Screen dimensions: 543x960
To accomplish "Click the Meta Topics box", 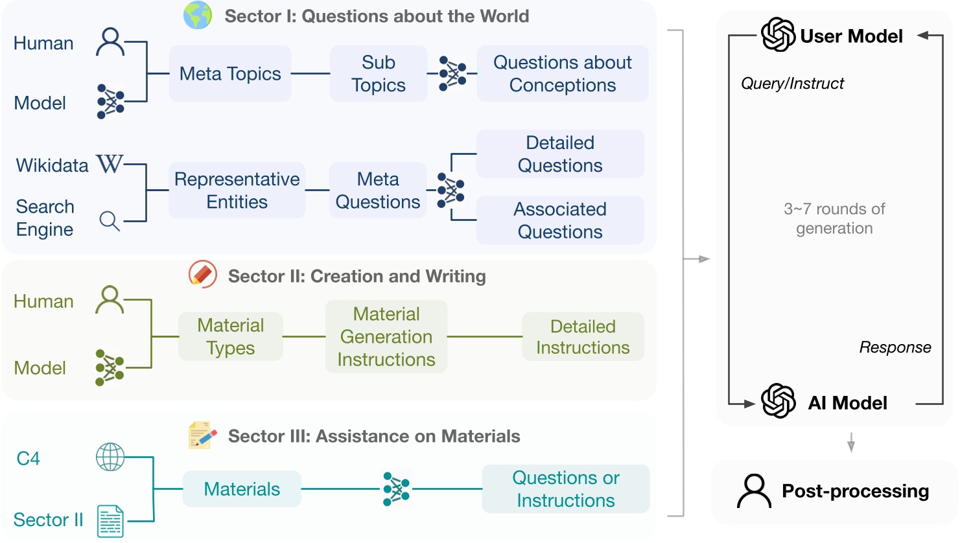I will (x=230, y=74).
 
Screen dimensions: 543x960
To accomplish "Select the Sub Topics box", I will (x=379, y=74).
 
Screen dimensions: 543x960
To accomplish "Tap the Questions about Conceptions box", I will (x=562, y=74).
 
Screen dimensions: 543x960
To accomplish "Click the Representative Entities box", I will (x=237, y=191).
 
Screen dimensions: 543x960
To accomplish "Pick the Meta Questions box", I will (x=378, y=191).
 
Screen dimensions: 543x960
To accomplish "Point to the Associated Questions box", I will (x=560, y=220).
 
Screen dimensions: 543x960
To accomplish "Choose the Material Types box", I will (x=230, y=336).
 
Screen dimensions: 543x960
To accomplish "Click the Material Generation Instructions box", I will (x=386, y=336).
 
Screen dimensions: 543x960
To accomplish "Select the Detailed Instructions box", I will (x=583, y=336).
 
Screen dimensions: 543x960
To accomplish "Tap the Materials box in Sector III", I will (x=242, y=489).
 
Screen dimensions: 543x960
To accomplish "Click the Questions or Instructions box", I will (x=565, y=489).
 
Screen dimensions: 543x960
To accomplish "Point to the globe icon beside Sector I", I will (x=198, y=16).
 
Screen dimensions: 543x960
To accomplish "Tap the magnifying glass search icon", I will (x=110, y=221).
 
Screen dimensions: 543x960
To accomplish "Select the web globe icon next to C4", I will (x=110, y=457).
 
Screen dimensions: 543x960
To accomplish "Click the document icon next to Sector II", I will (x=110, y=521).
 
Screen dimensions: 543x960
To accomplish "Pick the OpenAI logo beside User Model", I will (x=778, y=35).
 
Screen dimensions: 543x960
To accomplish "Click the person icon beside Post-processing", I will (x=754, y=491).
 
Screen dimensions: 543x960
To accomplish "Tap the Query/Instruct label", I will (x=792, y=84).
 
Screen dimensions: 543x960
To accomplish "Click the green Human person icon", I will (x=110, y=299).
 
